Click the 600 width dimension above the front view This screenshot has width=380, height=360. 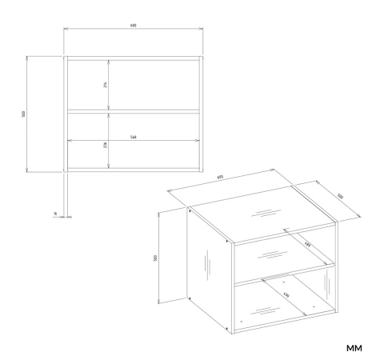pyautogui.click(x=133, y=26)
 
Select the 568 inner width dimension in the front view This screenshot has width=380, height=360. pyautogui.click(x=132, y=137)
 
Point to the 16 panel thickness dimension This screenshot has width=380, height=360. pyautogui.click(x=54, y=214)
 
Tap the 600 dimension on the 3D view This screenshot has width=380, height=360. pyautogui.click(x=219, y=179)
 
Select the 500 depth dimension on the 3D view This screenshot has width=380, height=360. pyautogui.click(x=339, y=196)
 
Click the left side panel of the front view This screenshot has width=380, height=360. pyautogui.click(x=65, y=114)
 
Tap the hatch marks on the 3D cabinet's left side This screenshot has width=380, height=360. pyautogui.click(x=207, y=263)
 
